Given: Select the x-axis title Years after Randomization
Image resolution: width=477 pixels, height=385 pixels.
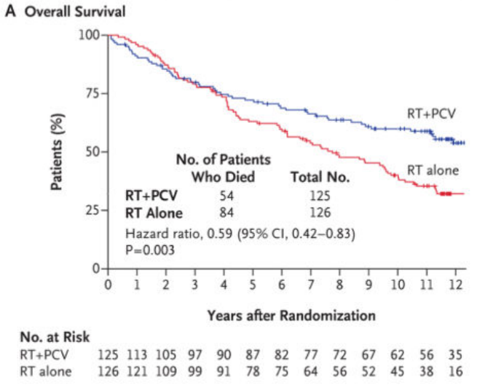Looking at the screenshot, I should [x=291, y=315].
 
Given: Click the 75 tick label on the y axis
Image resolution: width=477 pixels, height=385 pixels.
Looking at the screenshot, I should [x=92, y=93].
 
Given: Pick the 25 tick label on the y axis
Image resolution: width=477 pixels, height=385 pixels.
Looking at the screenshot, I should [x=92, y=210].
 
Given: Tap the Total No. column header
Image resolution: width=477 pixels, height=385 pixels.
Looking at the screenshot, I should [x=320, y=177].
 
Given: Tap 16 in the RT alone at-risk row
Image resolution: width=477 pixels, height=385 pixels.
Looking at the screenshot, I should [x=456, y=372].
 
